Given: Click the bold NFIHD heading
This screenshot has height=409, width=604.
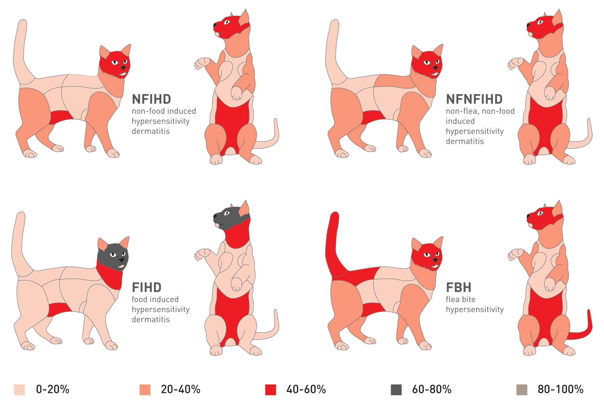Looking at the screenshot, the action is pyautogui.click(x=151, y=99).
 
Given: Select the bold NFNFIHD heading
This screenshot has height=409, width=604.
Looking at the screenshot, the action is pyautogui.click(x=474, y=99).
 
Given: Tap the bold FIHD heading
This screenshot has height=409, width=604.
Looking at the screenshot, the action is pyautogui.click(x=147, y=287).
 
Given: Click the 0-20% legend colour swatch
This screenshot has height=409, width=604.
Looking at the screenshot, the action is pyautogui.click(x=19, y=390).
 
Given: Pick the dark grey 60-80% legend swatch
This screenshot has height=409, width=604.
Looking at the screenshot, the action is pyautogui.click(x=396, y=390).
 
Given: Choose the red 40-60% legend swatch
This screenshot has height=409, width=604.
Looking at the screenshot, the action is pyautogui.click(x=271, y=390).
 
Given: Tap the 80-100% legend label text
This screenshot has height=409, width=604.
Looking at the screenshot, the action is pyautogui.click(x=560, y=389).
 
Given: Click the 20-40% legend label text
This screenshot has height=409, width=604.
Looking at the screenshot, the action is pyautogui.click(x=180, y=389).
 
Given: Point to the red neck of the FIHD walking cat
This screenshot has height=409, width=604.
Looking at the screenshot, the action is pyautogui.click(x=111, y=275).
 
